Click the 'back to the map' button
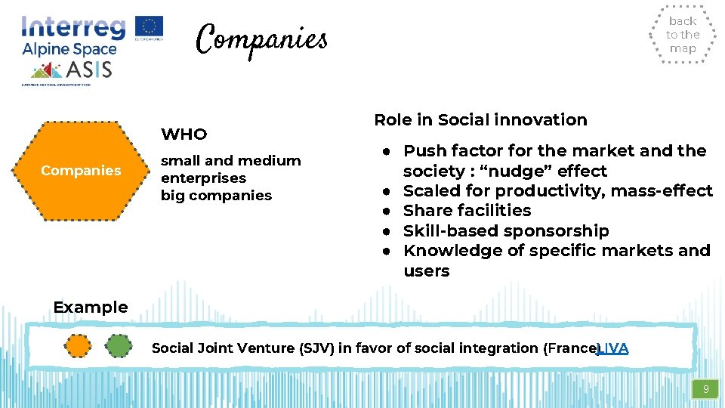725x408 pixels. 683,35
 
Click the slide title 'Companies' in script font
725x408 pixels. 261,39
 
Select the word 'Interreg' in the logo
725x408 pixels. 73,28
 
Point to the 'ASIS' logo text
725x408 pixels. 90,70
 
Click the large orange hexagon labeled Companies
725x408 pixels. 81,171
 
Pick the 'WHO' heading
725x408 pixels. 184,134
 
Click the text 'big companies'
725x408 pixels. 216,196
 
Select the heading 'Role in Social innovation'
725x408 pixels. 480,120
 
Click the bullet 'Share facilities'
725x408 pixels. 467,211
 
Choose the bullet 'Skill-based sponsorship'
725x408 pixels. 506,230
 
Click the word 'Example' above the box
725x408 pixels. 91,308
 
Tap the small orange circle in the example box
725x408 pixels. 77,346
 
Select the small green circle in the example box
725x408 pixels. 118,346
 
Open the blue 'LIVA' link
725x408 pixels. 613,348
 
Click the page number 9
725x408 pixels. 706,390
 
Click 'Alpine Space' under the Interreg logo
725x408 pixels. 69,50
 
